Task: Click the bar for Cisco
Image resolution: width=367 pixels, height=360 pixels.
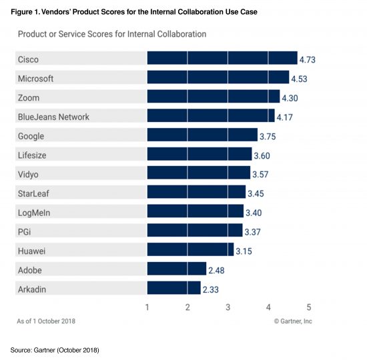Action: [x=222, y=59]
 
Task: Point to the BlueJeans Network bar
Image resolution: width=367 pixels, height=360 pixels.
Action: [x=210, y=117]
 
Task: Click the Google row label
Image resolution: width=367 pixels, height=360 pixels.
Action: [x=31, y=136]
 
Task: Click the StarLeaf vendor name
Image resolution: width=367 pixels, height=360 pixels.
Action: [x=34, y=193]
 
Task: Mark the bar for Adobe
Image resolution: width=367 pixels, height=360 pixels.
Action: [x=176, y=269]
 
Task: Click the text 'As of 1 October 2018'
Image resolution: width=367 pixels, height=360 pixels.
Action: [x=46, y=321]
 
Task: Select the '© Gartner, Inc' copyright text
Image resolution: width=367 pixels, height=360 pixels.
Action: [x=292, y=321]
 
